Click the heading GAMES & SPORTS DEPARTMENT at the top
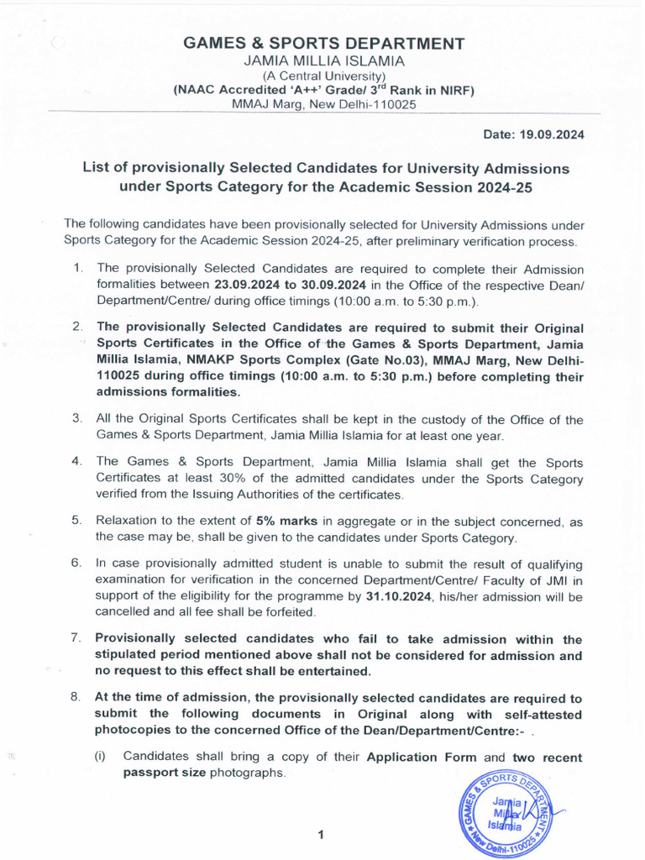323,44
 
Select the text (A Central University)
323,76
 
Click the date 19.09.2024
553,134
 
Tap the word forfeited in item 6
284,612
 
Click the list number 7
76,640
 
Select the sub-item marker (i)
99,756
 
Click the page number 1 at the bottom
320,835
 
